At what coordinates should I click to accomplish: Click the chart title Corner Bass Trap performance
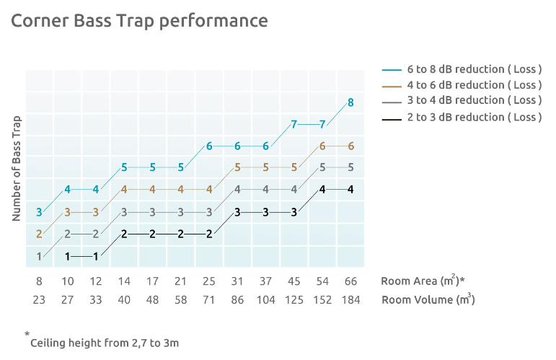pos(139,21)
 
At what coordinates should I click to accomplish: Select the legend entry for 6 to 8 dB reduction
pos(474,69)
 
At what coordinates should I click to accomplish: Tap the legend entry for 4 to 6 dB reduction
pos(474,85)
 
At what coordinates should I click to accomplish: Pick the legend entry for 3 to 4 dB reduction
pos(474,100)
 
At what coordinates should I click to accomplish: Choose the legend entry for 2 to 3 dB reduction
pos(474,117)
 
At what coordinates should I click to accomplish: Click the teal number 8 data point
pos(350,102)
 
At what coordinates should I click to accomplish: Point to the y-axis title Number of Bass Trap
pos(17,168)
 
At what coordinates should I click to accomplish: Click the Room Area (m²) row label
pos(422,281)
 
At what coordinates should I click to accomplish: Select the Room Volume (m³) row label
pos(428,299)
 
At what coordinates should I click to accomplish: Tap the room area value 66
pos(350,281)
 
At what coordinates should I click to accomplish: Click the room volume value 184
pos(350,299)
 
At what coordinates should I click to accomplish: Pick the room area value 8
pos(39,281)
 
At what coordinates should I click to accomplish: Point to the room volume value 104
pos(265,299)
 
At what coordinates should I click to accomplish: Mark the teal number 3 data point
pos(39,212)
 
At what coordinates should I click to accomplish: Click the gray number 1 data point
pos(39,255)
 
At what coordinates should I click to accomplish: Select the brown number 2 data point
pos(39,234)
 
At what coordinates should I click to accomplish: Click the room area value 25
pos(209,281)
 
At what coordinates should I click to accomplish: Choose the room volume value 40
pos(124,299)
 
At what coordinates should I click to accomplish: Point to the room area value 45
pos(294,281)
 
